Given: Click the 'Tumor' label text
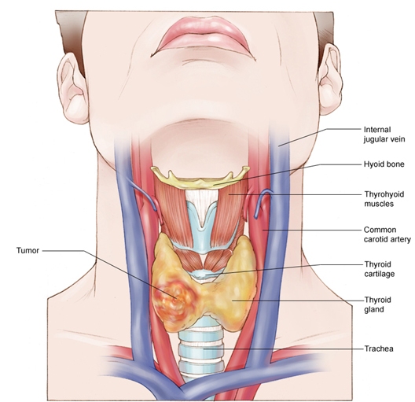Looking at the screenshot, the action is (28, 250).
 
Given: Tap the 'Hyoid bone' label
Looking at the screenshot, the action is (384, 164).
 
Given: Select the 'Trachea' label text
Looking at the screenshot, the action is (379, 349).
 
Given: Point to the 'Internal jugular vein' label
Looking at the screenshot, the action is (384, 135).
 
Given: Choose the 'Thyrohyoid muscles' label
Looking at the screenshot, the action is (384, 199).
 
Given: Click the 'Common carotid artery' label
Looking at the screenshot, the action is (387, 234).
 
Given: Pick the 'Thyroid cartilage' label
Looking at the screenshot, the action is (380, 269).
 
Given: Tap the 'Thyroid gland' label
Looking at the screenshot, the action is (378, 304).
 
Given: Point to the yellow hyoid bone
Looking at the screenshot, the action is (200, 178).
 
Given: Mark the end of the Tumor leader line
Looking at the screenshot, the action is (177, 298).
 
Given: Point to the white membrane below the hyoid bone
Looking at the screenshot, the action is (202, 203).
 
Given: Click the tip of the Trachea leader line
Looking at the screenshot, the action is (204, 349).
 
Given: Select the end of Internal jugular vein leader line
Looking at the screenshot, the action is (278, 146).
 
